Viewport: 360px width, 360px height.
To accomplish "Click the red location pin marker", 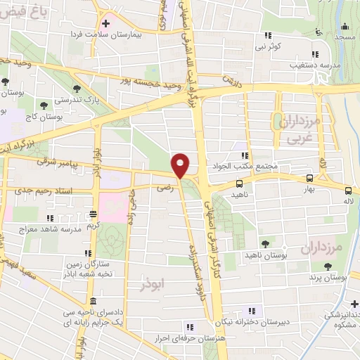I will (181, 165).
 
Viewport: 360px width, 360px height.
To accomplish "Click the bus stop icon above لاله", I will (348, 190).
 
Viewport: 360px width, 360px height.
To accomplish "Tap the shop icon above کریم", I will (94, 214).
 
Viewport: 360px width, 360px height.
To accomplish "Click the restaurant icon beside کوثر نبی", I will (267, 35).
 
